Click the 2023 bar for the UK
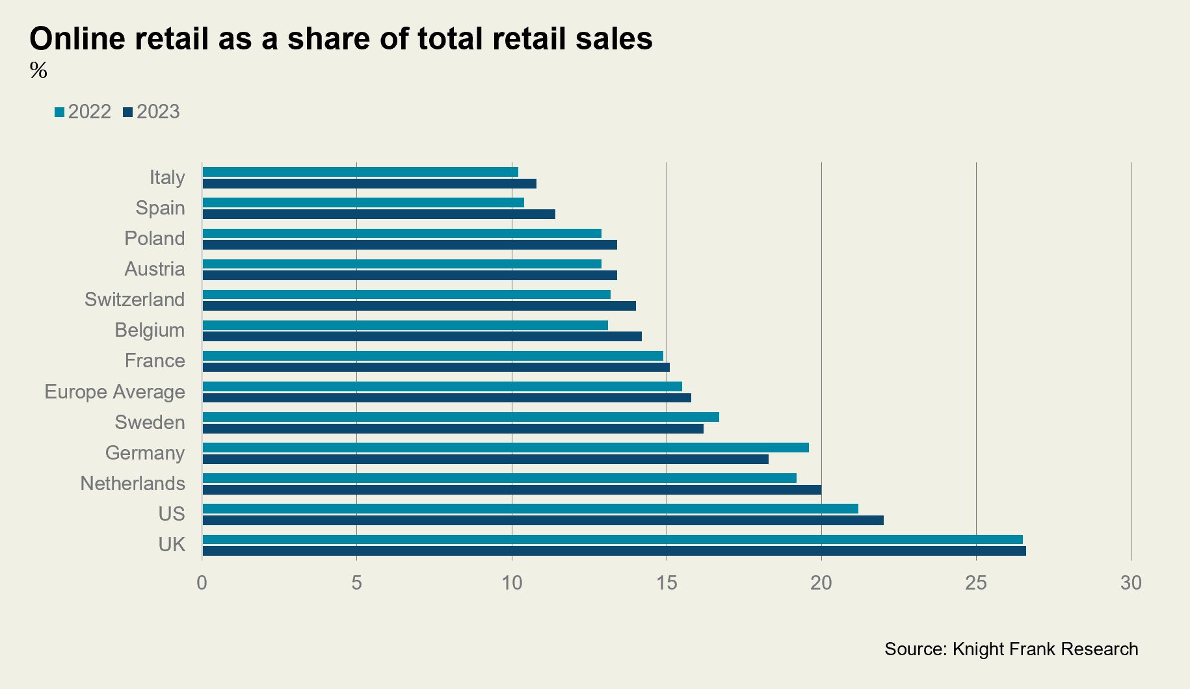tap(614, 551)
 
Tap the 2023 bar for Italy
tap(369, 184)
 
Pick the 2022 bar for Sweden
tap(460, 417)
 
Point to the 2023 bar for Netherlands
tap(511, 490)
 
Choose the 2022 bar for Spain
tap(363, 203)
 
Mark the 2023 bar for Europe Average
tap(446, 398)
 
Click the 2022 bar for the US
tap(530, 509)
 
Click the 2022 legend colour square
tap(60, 112)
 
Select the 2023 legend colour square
tap(128, 112)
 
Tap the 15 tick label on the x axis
tap(667, 583)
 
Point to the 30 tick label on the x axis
tap(1131, 583)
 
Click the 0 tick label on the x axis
tap(202, 583)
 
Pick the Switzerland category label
tap(135, 300)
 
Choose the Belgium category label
tap(150, 330)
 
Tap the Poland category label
tap(155, 239)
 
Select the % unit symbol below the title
tap(38, 70)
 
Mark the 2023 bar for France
tap(436, 367)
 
